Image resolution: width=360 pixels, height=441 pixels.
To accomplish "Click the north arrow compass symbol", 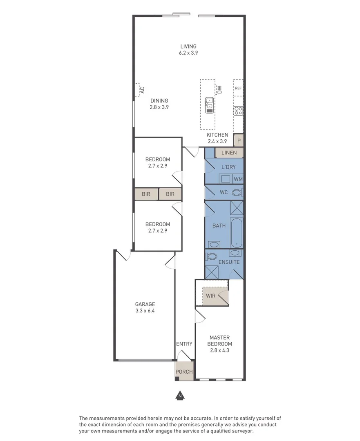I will [179, 395].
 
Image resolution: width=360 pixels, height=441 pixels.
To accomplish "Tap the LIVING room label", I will [188, 47].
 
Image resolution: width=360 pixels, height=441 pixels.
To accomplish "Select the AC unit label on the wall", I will [142, 90].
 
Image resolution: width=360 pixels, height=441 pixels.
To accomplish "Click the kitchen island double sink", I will [209, 105].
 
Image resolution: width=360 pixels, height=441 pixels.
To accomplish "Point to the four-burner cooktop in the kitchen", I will [238, 110].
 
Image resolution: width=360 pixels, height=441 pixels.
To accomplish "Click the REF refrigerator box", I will [238, 88].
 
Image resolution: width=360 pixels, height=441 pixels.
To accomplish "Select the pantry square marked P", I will [239, 140].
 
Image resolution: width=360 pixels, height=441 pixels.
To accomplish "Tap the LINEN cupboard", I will [229, 153].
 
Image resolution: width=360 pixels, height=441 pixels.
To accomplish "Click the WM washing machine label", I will [238, 179].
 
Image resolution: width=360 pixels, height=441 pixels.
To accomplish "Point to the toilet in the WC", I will [237, 192].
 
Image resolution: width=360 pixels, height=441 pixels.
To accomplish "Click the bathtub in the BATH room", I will [237, 233].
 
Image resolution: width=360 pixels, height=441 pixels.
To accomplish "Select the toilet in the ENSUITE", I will [211, 256].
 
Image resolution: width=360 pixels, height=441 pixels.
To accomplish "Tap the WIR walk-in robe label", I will [211, 296].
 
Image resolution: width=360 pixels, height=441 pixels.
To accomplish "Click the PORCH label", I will [184, 372].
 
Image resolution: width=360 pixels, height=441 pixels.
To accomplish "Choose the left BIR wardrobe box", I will [146, 194].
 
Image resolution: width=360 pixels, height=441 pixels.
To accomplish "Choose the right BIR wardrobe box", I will [170, 194].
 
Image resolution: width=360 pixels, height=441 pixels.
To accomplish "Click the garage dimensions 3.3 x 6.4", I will [145, 310].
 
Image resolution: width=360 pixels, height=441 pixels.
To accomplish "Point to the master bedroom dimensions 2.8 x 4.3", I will [219, 350].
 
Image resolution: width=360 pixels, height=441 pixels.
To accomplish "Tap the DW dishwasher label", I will [219, 89].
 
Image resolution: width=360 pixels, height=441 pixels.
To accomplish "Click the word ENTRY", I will [184, 344].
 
